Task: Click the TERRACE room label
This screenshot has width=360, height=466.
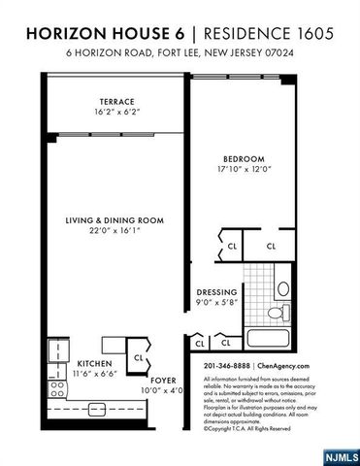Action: click(115, 101)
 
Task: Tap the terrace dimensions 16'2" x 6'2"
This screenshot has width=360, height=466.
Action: click(115, 113)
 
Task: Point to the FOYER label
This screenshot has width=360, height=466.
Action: click(162, 381)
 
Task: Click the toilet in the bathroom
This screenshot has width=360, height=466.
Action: click(280, 314)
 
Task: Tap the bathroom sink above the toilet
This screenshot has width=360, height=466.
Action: click(283, 288)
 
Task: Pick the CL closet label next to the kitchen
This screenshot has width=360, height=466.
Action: click(138, 357)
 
